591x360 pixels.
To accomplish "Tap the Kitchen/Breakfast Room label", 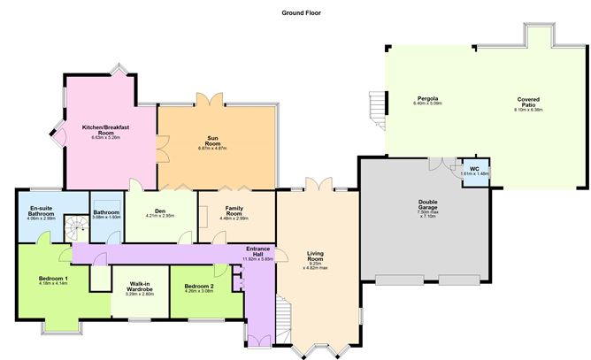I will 106,131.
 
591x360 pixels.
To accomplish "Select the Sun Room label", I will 216,139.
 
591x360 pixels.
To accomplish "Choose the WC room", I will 474,170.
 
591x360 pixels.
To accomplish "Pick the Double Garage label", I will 428,205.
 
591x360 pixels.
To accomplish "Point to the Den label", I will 160,211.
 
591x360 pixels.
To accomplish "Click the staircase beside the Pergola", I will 378,109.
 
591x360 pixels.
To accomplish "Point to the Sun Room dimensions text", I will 216,148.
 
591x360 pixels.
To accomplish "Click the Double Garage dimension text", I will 428,215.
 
